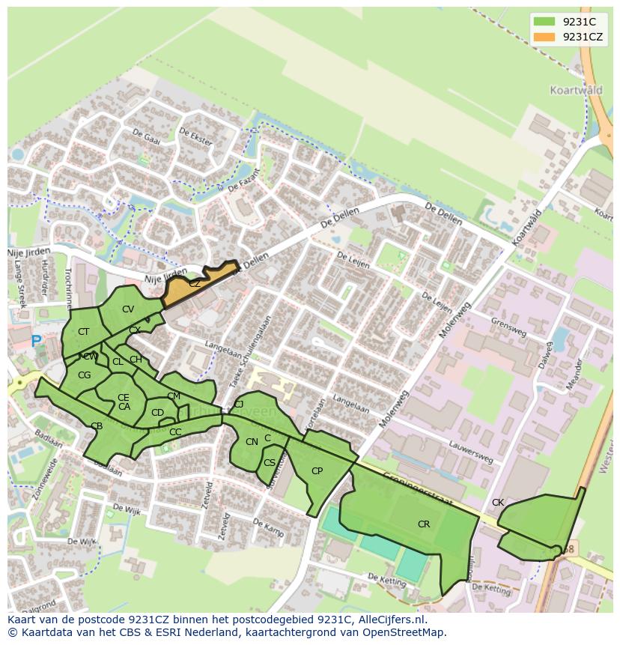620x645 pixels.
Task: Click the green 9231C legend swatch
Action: coord(544,22)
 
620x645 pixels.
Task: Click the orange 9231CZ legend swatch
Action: coord(544,37)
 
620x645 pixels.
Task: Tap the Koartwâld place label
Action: coord(575,88)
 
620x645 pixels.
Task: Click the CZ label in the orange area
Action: coord(195,284)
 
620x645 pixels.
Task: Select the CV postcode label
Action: coord(128,309)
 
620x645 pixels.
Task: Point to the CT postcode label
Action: coord(83,332)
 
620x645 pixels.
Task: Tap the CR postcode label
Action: coord(424,524)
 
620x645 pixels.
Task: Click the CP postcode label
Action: coord(317,471)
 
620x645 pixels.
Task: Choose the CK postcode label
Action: coord(498,503)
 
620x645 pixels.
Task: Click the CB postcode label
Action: coord(97,426)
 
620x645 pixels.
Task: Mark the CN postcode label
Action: coord(252,442)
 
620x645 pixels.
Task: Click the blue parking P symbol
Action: coord(36,342)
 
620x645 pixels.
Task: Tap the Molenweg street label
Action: coord(395,409)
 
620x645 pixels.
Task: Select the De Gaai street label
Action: coord(146,138)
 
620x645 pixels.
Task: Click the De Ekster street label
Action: coord(195,136)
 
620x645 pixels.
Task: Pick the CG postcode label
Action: coord(84,375)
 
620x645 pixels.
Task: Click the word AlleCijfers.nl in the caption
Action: coord(389,620)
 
